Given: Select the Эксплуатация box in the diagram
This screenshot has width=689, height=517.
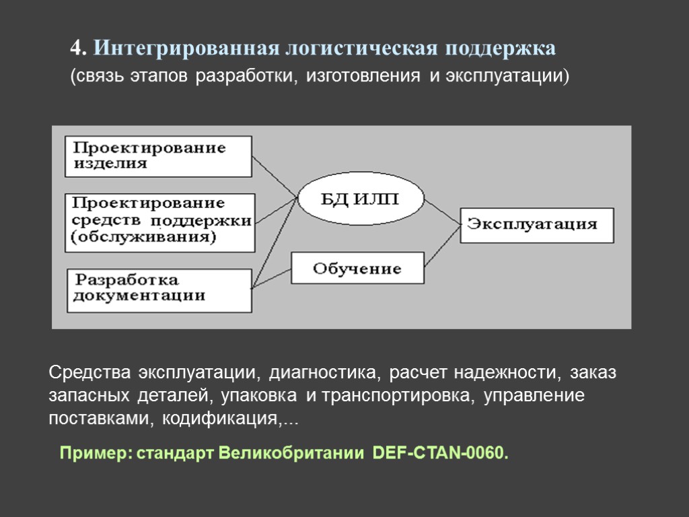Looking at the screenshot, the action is tap(536, 225).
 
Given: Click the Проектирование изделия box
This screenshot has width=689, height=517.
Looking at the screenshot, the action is tap(158, 156).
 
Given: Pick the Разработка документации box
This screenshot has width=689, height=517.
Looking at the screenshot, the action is tap(158, 287).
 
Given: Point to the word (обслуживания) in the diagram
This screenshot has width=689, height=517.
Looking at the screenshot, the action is tap(143, 237).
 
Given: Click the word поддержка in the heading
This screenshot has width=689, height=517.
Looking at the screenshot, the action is tap(499, 49).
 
